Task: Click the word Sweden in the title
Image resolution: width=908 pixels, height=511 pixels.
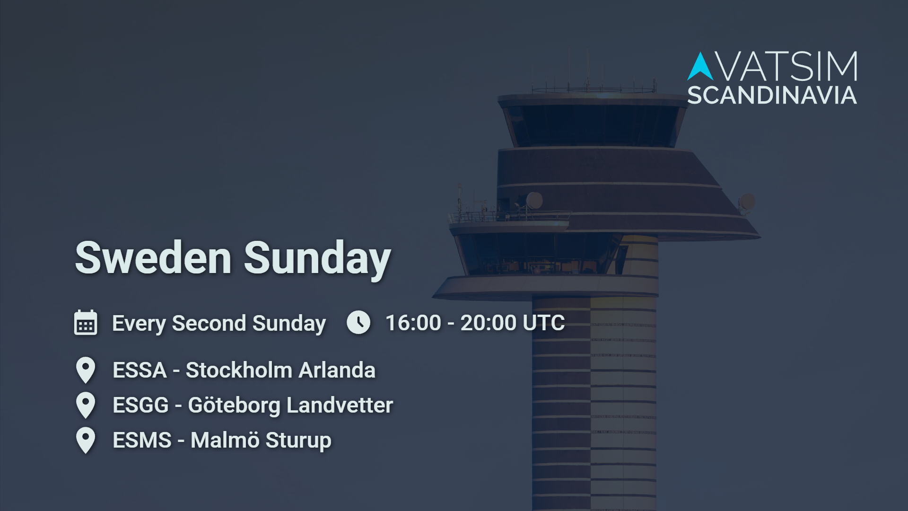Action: pyautogui.click(x=153, y=258)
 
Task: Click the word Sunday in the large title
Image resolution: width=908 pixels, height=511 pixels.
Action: pyautogui.click(x=317, y=259)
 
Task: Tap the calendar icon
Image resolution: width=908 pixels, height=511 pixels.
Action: pyautogui.click(x=86, y=323)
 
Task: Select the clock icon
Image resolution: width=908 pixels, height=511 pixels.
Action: pyautogui.click(x=358, y=322)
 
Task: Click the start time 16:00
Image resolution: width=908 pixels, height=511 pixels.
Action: pyautogui.click(x=413, y=323)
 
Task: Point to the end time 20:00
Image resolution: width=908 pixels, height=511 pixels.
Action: pyautogui.click(x=489, y=323)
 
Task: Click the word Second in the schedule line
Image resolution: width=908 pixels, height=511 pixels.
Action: pyautogui.click(x=209, y=324)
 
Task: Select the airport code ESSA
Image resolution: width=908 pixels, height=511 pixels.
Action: pyautogui.click(x=140, y=370)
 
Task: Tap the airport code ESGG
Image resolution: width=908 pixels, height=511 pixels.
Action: pyautogui.click(x=141, y=405)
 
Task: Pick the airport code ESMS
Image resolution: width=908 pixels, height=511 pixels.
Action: pyautogui.click(x=142, y=440)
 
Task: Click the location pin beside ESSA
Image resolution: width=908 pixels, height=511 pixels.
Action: pyautogui.click(x=86, y=370)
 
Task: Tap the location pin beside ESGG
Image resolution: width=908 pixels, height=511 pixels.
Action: pyautogui.click(x=86, y=405)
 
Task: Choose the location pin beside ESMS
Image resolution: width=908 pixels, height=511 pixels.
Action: pyautogui.click(x=86, y=441)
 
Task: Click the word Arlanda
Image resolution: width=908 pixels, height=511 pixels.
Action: pyautogui.click(x=337, y=370)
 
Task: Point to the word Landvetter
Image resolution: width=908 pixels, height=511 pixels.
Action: pyautogui.click(x=340, y=405)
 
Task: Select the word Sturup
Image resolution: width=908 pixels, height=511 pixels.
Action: pyautogui.click(x=298, y=441)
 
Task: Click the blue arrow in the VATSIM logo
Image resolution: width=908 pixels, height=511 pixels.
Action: pyautogui.click(x=700, y=66)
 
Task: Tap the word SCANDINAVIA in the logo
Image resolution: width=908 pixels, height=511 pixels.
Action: pyautogui.click(x=772, y=96)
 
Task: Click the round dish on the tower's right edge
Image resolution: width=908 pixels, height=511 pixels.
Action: pyautogui.click(x=747, y=202)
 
